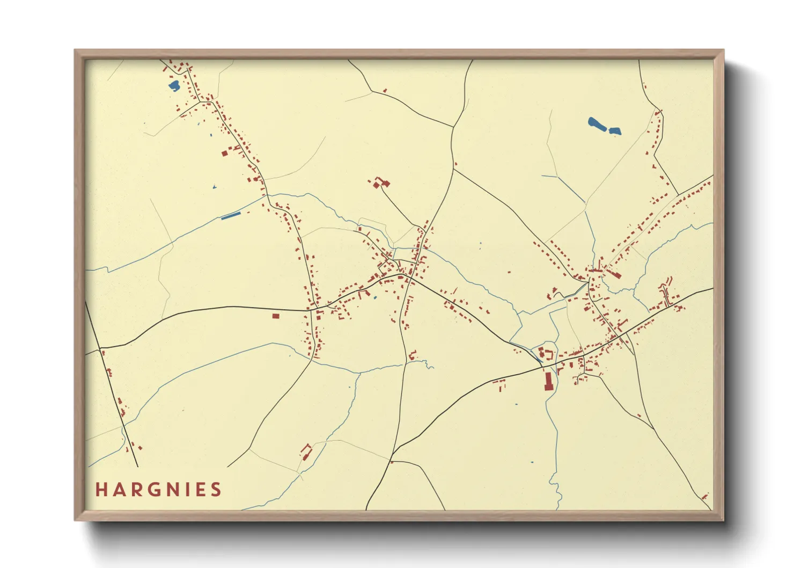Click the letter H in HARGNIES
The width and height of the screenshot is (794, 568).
(101, 490)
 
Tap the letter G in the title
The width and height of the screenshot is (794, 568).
(151, 490)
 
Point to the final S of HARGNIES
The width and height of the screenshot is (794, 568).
(216, 490)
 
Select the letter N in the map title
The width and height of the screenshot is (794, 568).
(168, 490)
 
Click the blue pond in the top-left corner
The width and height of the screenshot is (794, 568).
(174, 86)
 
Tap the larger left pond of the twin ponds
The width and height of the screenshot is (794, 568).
(597, 124)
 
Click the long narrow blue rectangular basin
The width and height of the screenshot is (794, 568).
(231, 216)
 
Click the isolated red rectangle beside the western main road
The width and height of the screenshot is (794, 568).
(276, 316)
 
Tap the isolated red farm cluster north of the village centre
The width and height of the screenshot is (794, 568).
(380, 183)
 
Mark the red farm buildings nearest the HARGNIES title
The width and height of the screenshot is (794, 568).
(306, 452)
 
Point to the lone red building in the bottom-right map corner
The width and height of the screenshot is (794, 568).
(704, 496)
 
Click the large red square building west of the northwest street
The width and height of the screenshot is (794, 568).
(225, 154)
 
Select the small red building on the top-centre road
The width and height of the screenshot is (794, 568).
(385, 91)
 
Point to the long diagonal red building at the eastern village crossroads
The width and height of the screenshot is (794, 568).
(614, 274)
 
